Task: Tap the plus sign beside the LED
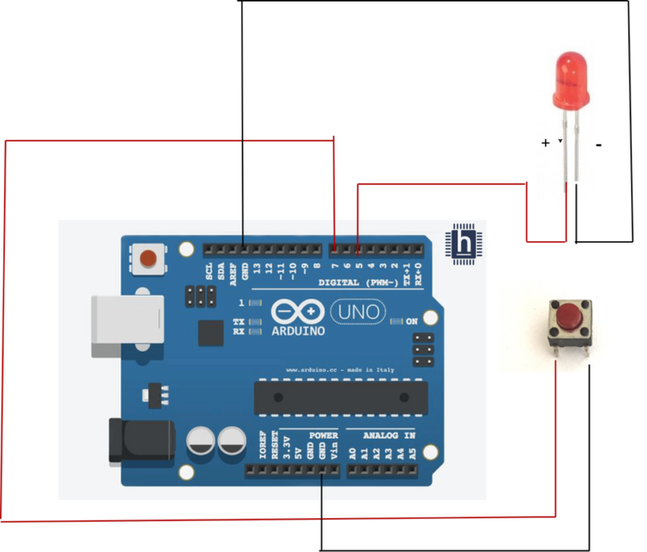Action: [x=546, y=143]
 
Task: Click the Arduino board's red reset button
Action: [x=149, y=257]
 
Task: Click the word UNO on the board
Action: [x=358, y=312]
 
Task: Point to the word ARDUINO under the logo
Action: [x=297, y=331]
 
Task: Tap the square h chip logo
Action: [x=463, y=244]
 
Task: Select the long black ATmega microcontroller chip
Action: [x=339, y=397]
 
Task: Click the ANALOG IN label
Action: [x=388, y=436]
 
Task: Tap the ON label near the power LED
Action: [x=411, y=321]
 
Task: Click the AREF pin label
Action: [x=233, y=271]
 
